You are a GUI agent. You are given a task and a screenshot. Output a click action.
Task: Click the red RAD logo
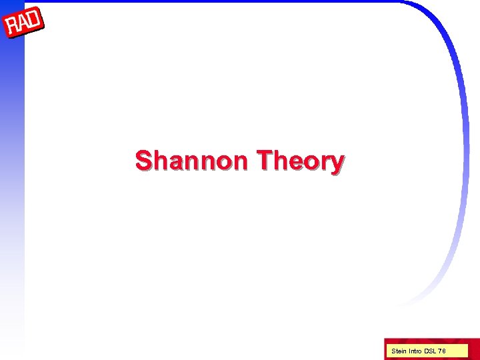pos(24,25)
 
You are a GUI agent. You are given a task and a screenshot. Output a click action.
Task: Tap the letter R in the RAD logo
pos(13,29)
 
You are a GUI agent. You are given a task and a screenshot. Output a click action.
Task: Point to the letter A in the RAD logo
pos(24,25)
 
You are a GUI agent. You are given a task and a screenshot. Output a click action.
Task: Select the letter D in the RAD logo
pos(35,21)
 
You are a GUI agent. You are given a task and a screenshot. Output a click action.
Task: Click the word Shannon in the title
pos(192,161)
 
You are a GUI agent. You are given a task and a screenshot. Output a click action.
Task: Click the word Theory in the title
pos(300,161)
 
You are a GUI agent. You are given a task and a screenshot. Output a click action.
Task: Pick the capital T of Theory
pos(264,161)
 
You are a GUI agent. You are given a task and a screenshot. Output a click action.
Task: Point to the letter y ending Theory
pos(337,164)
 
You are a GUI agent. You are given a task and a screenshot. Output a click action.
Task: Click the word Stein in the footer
pos(398,351)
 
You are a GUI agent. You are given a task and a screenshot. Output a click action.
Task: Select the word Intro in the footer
pos(415,351)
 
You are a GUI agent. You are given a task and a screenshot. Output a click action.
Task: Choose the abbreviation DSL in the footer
pos(431,351)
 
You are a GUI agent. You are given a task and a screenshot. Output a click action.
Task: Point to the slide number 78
pos(443,351)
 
